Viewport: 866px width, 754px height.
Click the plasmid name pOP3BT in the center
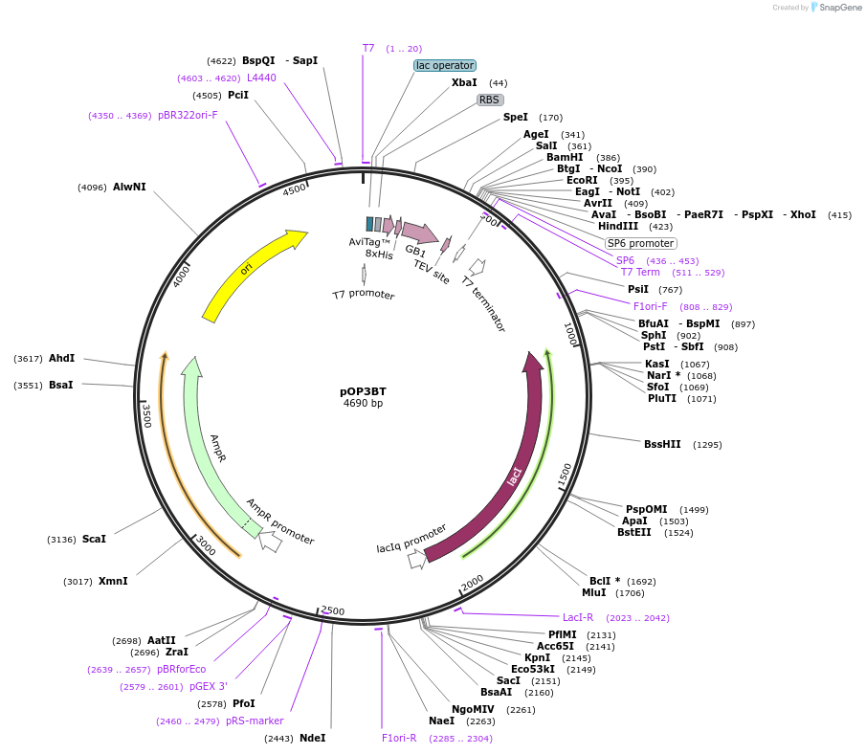363,391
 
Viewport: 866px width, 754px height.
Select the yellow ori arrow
251,274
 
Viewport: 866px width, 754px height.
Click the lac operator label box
444,65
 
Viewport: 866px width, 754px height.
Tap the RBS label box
490,100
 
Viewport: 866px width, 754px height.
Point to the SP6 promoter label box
641,243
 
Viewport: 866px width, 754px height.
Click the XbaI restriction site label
464,83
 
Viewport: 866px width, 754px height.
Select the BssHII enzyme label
662,444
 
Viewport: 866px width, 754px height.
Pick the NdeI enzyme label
313,738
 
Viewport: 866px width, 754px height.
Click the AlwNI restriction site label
129,187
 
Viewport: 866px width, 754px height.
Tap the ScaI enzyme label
94,539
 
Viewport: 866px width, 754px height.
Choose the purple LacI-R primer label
578,617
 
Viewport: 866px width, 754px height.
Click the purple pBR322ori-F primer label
188,115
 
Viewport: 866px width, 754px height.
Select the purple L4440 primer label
261,78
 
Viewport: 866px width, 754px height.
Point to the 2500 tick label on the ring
332,610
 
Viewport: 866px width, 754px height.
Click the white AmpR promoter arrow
270,542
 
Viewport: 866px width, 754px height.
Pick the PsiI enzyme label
638,289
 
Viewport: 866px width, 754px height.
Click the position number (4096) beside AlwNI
92,188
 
